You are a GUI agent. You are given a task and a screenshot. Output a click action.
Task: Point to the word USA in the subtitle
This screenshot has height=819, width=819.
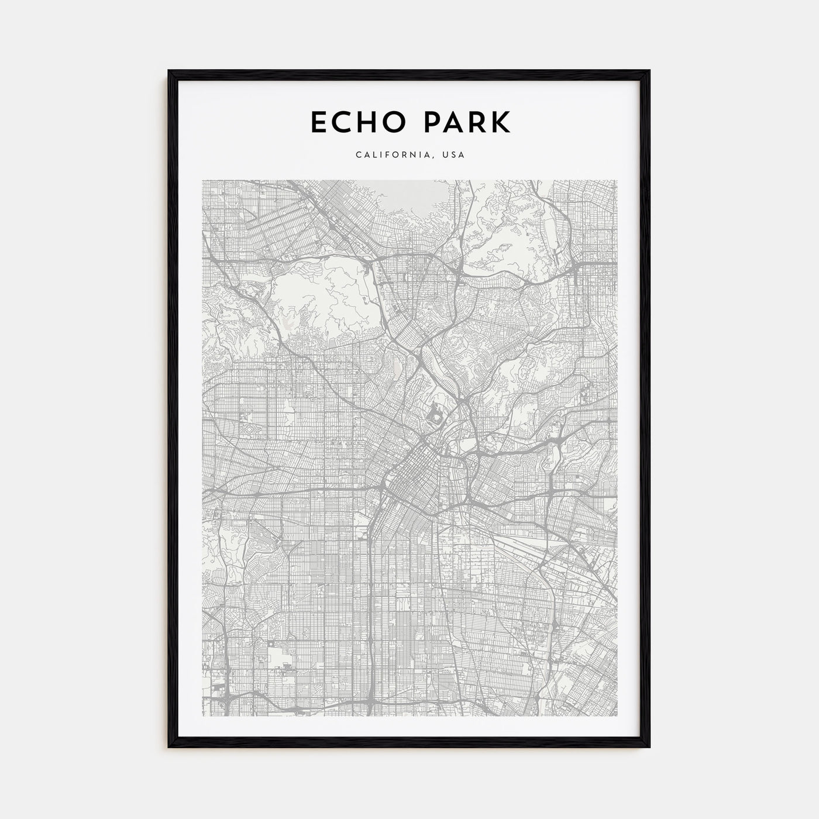pyautogui.click(x=454, y=155)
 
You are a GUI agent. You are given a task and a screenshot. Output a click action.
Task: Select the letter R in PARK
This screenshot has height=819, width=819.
pyautogui.click(x=479, y=122)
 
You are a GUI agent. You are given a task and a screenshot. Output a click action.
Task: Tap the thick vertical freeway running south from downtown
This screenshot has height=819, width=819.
pyautogui.click(x=371, y=585)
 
